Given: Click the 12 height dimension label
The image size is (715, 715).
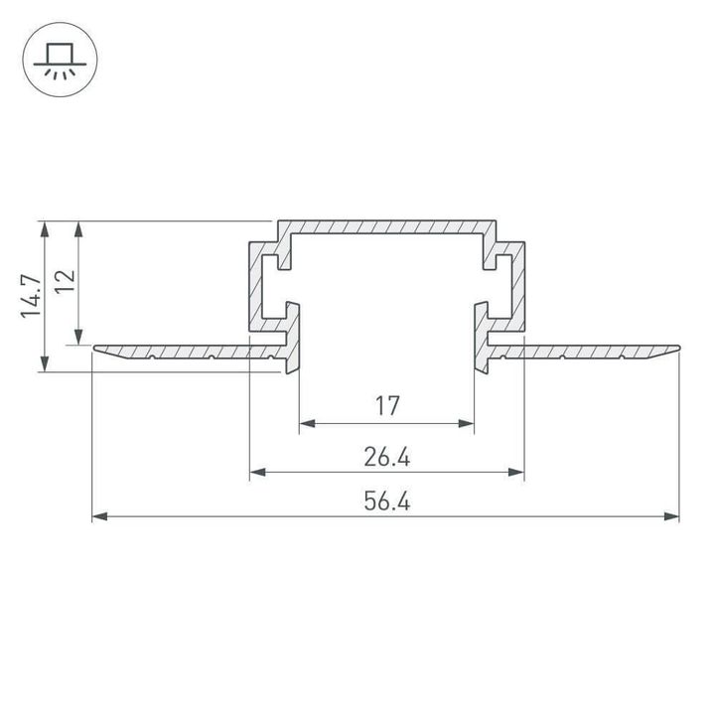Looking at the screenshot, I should coord(65,281).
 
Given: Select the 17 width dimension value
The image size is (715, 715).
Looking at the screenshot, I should coord(387,405).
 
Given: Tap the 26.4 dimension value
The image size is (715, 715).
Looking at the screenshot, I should coord(387,457).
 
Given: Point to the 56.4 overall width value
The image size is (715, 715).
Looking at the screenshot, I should coord(387,502).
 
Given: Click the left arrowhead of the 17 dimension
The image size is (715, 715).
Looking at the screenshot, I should coord(307,424).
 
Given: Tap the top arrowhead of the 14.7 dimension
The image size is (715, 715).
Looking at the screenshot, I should coord(44,228).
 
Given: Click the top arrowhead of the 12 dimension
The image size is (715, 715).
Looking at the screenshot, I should coord(80,228).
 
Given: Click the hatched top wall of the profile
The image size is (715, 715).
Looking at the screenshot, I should coord(387,225).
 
